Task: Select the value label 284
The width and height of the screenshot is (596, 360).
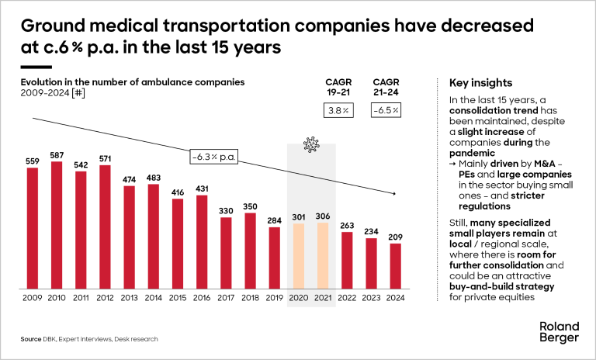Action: pos(275,220)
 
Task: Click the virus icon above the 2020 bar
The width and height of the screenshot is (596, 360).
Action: pos(311,144)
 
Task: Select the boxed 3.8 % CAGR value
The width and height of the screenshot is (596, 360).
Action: pos(338,110)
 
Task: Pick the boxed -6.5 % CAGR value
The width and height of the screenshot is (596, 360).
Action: pos(385,110)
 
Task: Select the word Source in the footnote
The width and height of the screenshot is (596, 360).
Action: pos(31,340)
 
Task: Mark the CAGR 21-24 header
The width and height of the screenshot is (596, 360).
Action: pos(385,87)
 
